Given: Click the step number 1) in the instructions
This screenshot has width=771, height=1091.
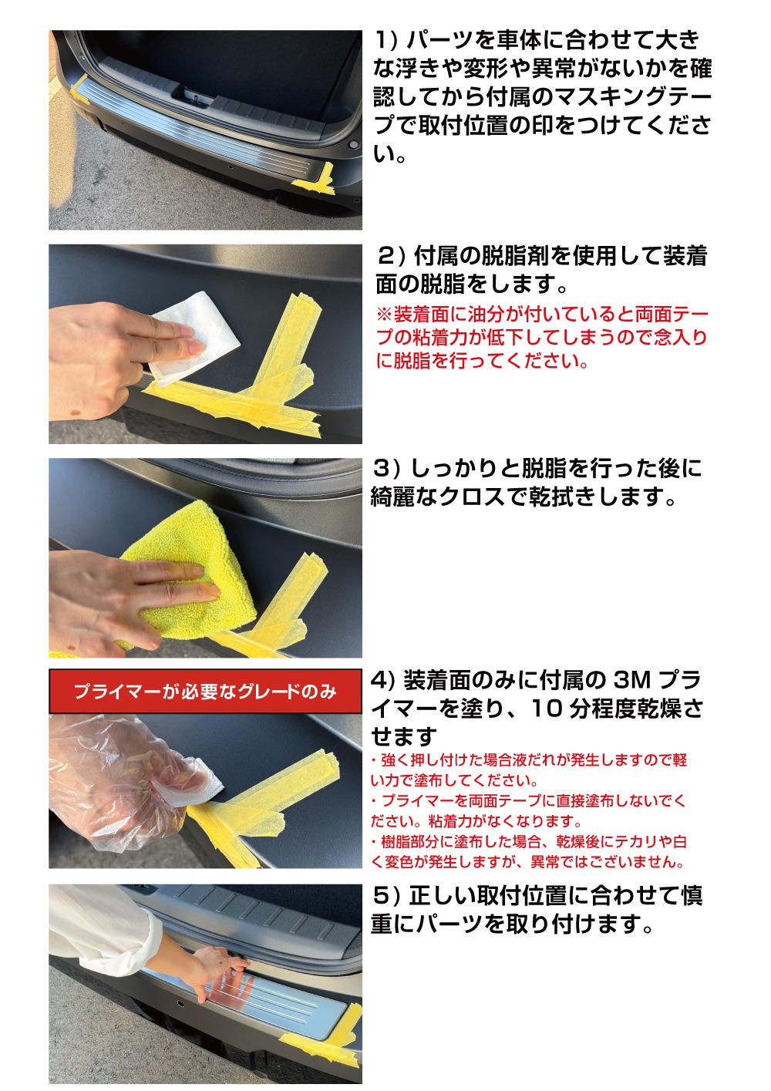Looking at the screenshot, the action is pos(385,40).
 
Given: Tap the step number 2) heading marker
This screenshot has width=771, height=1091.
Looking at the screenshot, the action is pos(391,257).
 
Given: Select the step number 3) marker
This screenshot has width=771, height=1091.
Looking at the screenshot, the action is pos(386,469).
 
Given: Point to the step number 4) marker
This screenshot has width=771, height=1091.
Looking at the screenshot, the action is pos(384,680).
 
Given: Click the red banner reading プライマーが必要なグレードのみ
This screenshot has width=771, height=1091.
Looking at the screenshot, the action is pos(205,692).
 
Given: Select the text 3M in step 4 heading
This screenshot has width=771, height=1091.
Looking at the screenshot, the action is pos(632,680).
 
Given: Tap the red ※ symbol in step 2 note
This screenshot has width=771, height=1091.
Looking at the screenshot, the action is pos(384,315).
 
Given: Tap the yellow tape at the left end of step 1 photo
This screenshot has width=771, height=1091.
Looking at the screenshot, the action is pos(79,89).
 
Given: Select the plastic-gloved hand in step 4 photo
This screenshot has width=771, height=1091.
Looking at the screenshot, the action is pos(126,780).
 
